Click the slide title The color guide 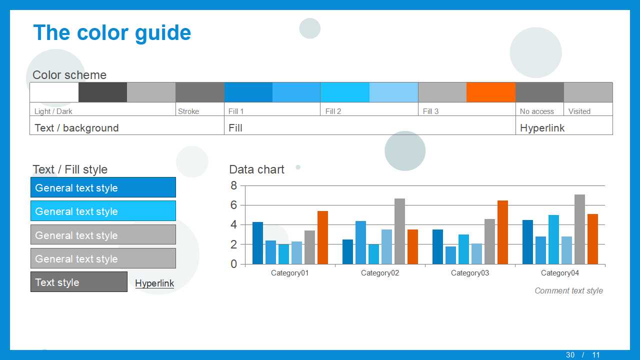[112, 33]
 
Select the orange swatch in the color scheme [491, 92]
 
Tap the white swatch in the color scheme [54, 92]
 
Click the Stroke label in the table [188, 111]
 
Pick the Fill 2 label [333, 111]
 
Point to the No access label [537, 111]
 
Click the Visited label [579, 111]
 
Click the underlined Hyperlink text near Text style [154, 283]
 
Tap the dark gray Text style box [79, 281]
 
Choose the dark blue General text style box [103, 187]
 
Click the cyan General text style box [103, 211]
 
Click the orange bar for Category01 [322, 237]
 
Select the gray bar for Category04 [579, 229]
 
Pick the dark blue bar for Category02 [347, 251]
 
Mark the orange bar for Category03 [502, 232]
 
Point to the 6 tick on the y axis [233, 205]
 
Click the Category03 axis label [470, 273]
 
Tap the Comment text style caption [569, 290]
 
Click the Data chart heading [256, 169]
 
